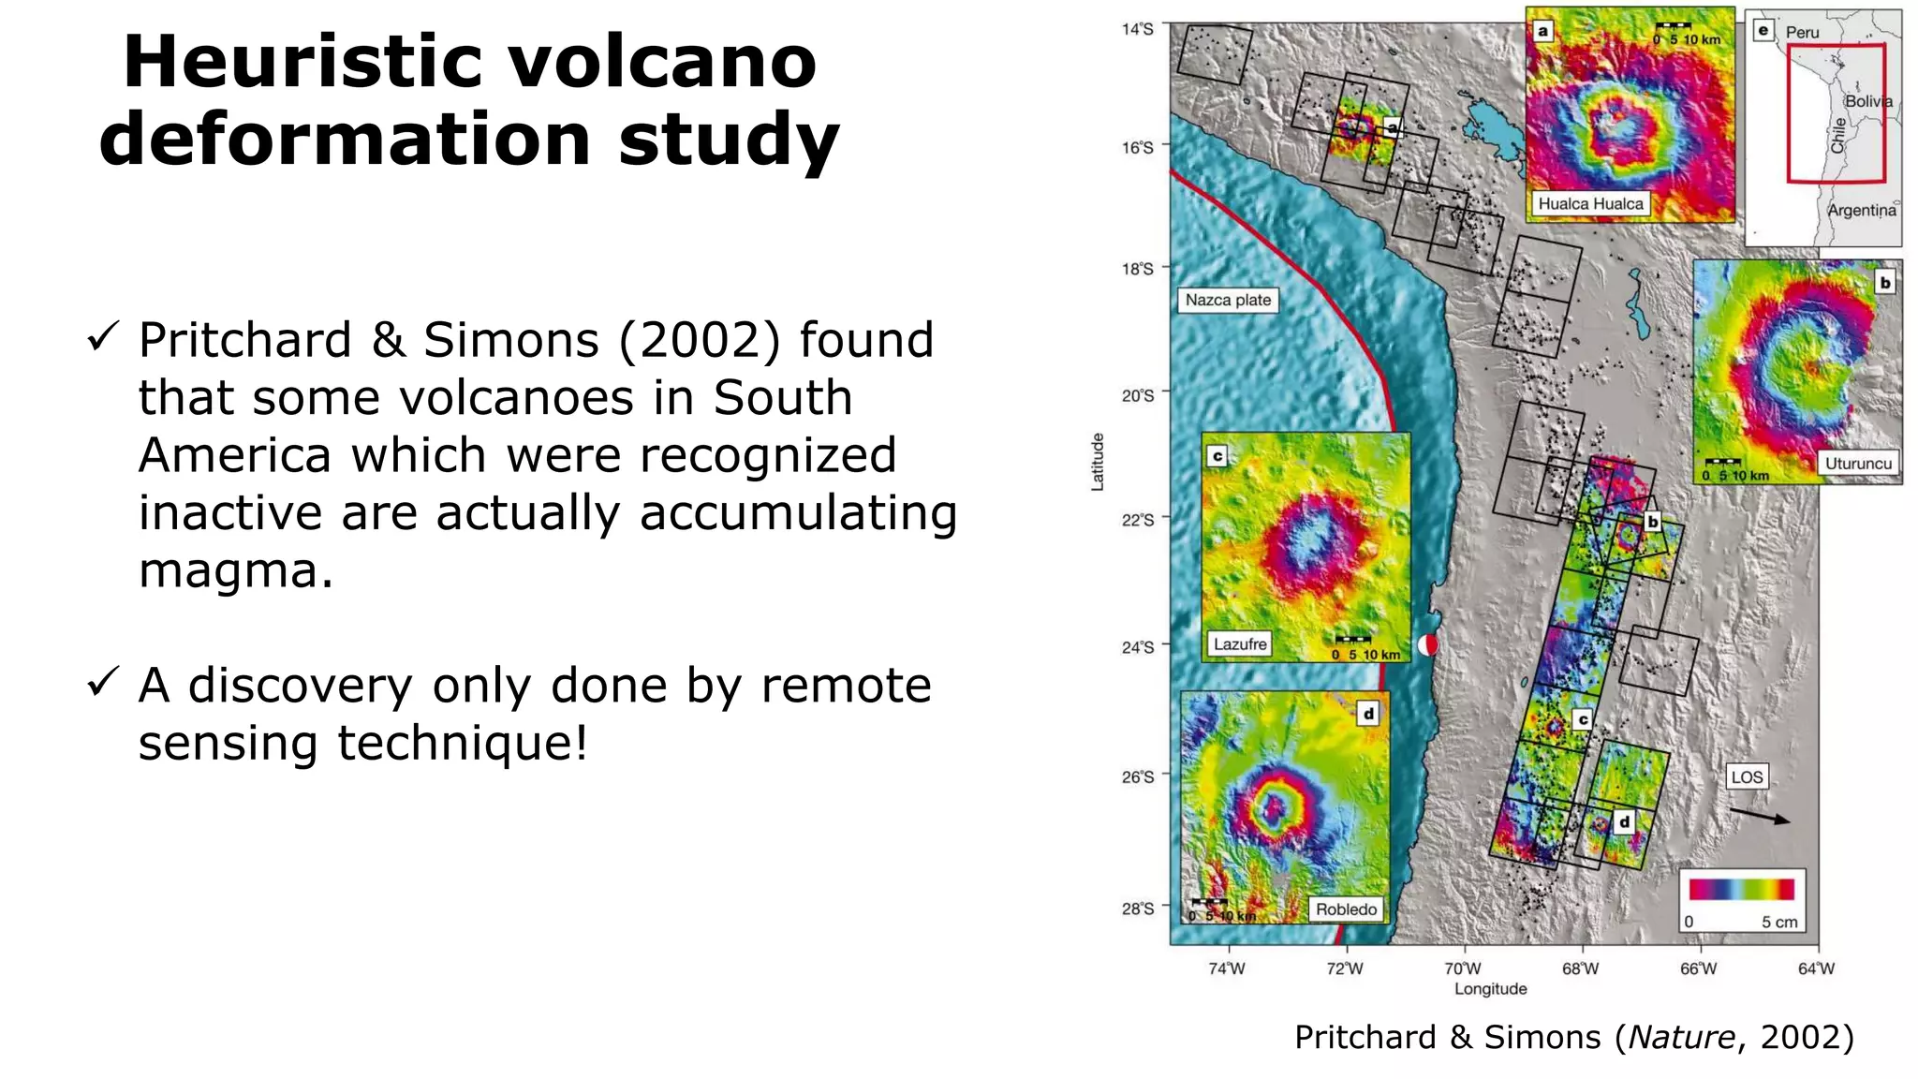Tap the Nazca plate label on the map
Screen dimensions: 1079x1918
click(1228, 300)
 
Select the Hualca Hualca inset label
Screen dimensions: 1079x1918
click(1590, 203)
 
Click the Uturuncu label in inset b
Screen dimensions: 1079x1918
click(1858, 463)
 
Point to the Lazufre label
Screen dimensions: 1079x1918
click(1240, 643)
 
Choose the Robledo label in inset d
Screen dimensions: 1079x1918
click(1346, 909)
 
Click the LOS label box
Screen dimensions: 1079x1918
click(1747, 776)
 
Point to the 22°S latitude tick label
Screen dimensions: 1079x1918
click(1138, 520)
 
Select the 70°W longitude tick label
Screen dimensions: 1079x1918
click(1462, 968)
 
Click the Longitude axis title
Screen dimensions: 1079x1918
click(1490, 989)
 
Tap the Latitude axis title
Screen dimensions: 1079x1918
click(1098, 462)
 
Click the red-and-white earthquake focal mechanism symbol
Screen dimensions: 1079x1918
click(1427, 644)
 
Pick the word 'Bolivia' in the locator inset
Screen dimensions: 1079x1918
click(1867, 101)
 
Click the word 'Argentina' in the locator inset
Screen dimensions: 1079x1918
click(1861, 210)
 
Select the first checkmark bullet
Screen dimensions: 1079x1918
click(102, 336)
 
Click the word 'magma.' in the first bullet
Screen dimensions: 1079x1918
click(235, 570)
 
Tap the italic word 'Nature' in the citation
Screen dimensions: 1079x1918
click(1682, 1037)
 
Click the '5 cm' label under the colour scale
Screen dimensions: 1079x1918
click(1778, 922)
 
